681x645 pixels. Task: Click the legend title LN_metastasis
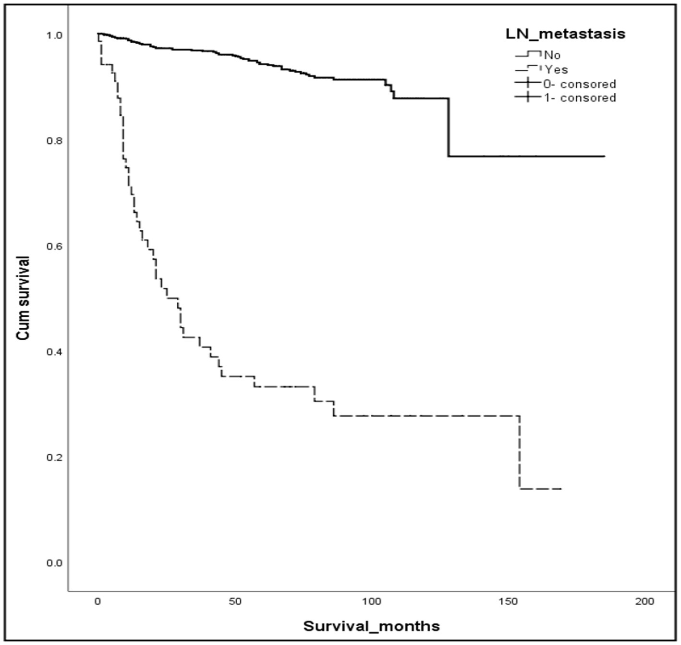tap(565, 34)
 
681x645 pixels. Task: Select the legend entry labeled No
tap(552, 55)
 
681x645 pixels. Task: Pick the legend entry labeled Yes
tap(556, 70)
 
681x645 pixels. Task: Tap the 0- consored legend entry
tap(579, 84)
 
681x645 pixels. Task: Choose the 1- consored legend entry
tap(579, 98)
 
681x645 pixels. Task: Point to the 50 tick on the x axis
tap(235, 602)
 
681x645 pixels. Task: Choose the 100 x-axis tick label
tap(371, 602)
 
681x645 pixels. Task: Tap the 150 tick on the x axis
tap(508, 602)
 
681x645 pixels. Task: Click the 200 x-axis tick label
tap(645, 602)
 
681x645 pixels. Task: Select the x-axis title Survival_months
tap(371, 626)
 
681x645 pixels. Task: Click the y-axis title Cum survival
tap(24, 298)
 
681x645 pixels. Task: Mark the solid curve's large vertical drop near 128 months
tap(449, 127)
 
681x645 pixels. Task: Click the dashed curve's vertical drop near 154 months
tap(520, 452)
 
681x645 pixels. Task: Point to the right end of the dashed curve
tap(561, 489)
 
